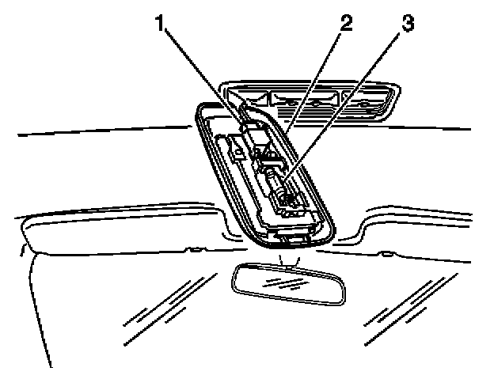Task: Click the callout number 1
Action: coord(160,25)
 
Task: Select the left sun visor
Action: coord(111,229)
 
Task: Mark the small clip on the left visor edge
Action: coord(192,251)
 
